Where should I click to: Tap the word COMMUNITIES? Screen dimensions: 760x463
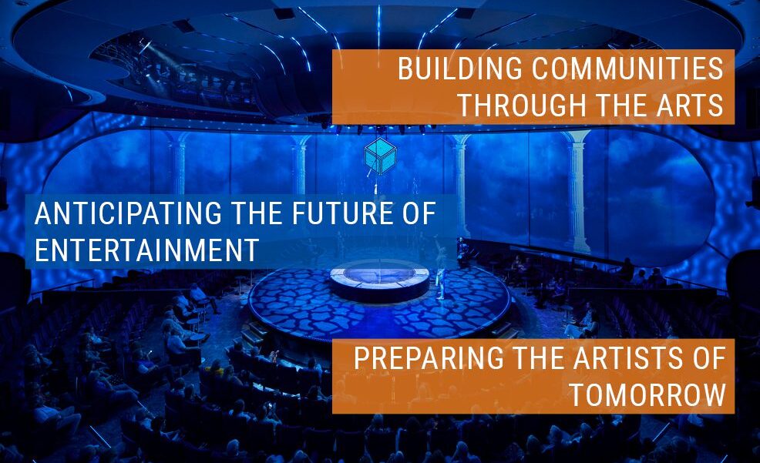pos(627,69)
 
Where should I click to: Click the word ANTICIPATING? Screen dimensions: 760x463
pos(128,213)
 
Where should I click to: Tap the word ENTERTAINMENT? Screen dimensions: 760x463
pos(146,250)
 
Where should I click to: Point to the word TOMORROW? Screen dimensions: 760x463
pos(647,394)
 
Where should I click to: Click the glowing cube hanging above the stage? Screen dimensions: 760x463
pos(381,156)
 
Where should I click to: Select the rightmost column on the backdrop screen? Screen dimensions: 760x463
pos(577,190)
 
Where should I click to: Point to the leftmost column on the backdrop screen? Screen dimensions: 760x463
pos(178,165)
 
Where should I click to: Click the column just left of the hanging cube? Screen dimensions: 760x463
pos(301,165)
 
